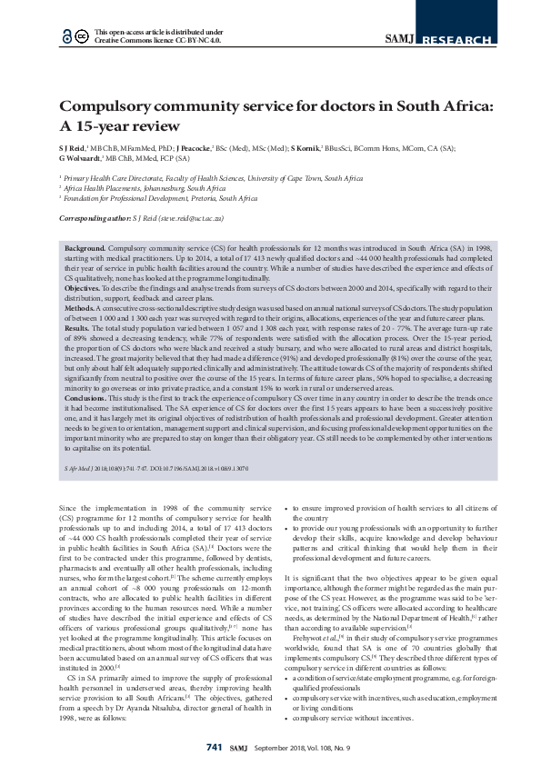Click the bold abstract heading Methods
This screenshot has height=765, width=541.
[81, 310]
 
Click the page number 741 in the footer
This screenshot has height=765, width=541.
[214, 746]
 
